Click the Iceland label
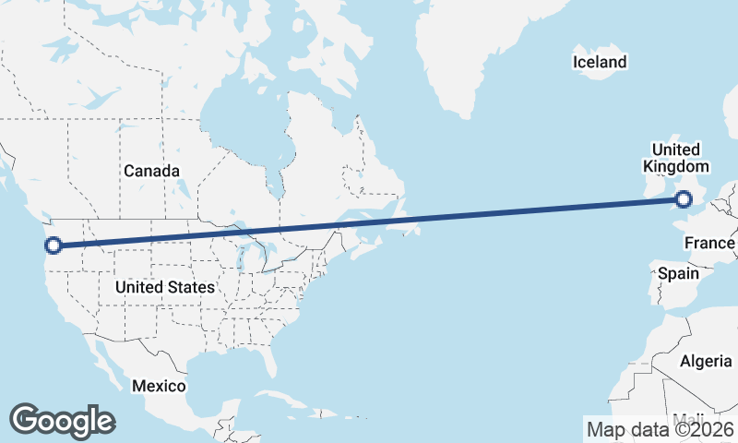pyautogui.click(x=600, y=63)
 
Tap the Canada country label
pyautogui.click(x=151, y=171)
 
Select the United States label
pyautogui.click(x=165, y=287)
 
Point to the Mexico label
pyautogui.click(x=158, y=385)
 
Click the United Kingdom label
pyautogui.click(x=676, y=158)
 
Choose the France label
pyautogui.click(x=709, y=243)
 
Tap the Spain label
pyautogui.click(x=677, y=274)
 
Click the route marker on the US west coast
pyautogui.click(x=53, y=245)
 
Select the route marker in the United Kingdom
pyautogui.click(x=684, y=198)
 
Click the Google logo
pyautogui.click(x=62, y=421)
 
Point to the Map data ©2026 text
pyautogui.click(x=661, y=429)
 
